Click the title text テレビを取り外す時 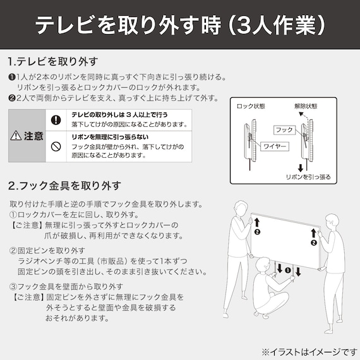(126, 25)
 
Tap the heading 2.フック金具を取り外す (64, 186)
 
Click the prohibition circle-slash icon (56, 146)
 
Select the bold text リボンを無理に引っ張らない (110, 137)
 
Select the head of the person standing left (241, 209)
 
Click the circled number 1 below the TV (289, 270)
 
